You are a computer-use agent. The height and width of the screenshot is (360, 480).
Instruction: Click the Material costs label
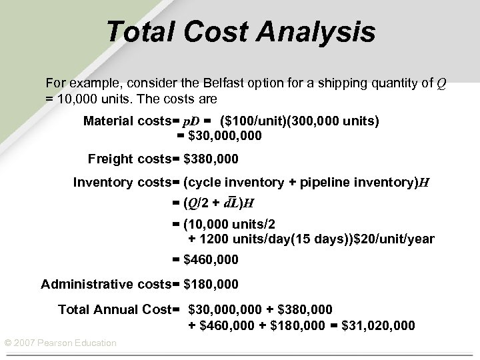click(x=127, y=121)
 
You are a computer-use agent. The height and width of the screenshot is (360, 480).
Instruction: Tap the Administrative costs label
click(x=105, y=285)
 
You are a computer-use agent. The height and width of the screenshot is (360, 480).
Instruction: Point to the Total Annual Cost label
click(x=114, y=309)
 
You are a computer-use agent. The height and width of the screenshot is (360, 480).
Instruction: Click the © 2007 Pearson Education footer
click(x=61, y=343)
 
